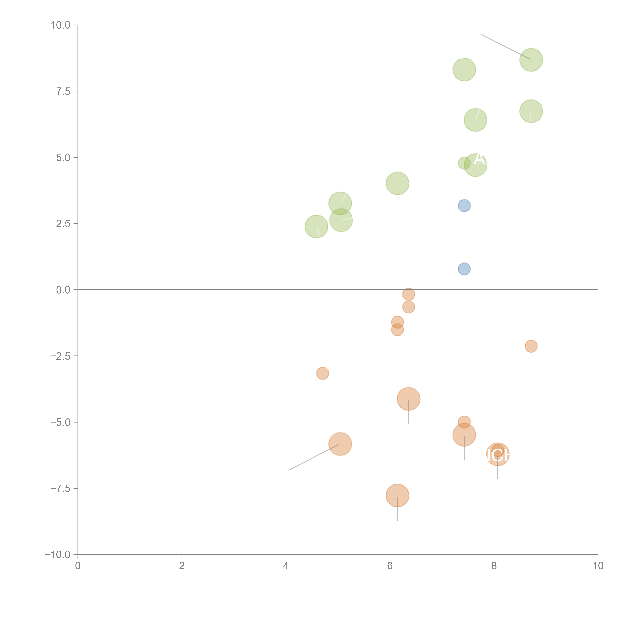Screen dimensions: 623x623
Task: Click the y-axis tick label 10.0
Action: pyautogui.click(x=61, y=25)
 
